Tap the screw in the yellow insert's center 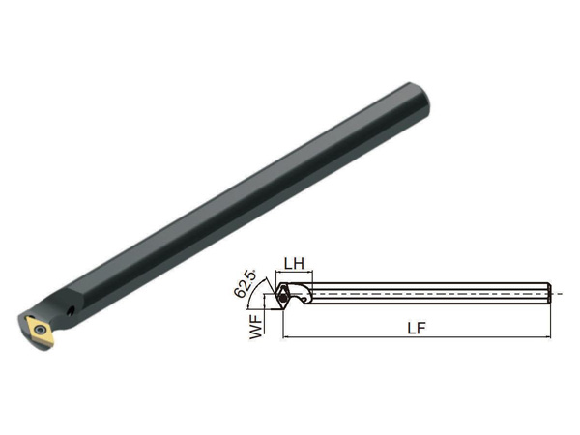[x=39, y=329]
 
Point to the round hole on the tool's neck [x=71, y=311]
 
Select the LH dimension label [x=294, y=263]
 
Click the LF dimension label [x=417, y=328]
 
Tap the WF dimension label [x=256, y=326]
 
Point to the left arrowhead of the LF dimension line [x=285, y=337]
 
